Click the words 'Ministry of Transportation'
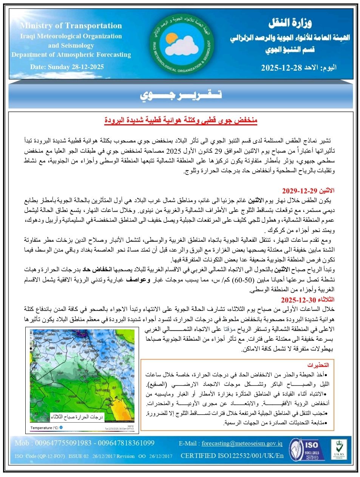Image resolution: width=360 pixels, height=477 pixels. pyautogui.click(x=71, y=26)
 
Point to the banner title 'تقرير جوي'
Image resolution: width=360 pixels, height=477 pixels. pyautogui.click(x=181, y=95)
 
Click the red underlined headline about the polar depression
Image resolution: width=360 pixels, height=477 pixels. pyautogui.click(x=181, y=120)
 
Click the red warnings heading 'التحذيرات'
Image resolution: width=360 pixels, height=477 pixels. pyautogui.click(x=318, y=365)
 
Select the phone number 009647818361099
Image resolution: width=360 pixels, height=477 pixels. pyautogui.click(x=126, y=443)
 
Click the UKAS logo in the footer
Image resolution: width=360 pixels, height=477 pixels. pyautogui.click(x=339, y=449)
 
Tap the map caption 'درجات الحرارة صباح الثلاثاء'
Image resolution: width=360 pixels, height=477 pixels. pyautogui.click(x=77, y=417)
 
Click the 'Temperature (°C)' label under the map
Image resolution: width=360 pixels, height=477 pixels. pyautogui.click(x=44, y=428)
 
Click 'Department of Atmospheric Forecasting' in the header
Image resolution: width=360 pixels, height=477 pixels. pyautogui.click(x=71, y=54)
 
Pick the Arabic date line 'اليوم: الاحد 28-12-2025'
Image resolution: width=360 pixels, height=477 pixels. pyautogui.click(x=298, y=68)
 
